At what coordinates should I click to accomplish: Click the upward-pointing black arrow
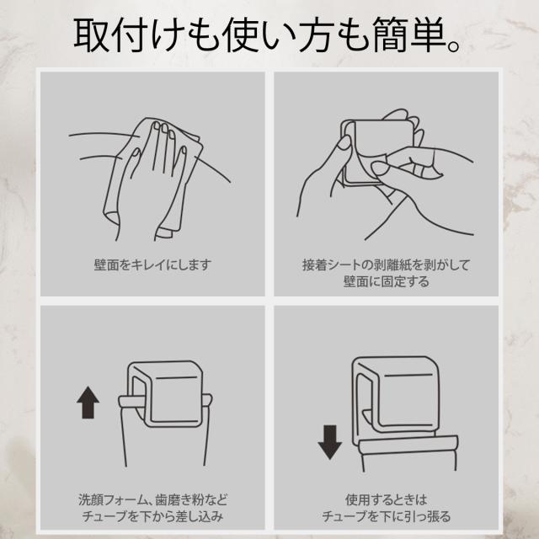click(88, 403)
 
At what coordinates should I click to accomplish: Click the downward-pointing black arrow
click(330, 442)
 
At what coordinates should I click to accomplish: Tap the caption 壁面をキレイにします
click(152, 264)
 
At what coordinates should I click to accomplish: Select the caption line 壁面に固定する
click(386, 281)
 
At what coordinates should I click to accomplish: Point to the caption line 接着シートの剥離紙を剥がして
click(386, 264)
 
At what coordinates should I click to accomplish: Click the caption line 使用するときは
click(386, 499)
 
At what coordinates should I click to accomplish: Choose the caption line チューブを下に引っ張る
click(386, 516)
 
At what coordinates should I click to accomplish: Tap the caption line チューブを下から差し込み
click(152, 516)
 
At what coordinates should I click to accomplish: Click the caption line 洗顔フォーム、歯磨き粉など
click(152, 499)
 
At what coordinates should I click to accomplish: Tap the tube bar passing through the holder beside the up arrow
click(165, 401)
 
